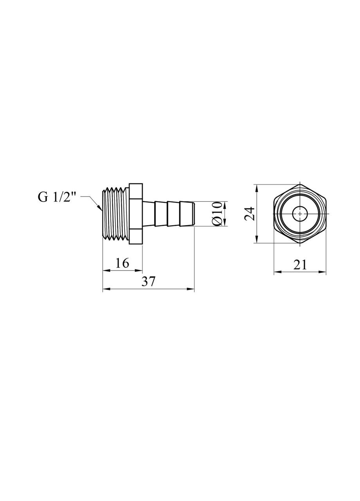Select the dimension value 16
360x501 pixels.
(122, 263)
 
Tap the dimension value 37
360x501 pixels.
(148, 282)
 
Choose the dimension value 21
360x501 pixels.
(300, 265)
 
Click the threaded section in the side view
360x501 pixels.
(115, 214)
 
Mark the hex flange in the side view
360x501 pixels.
(135, 214)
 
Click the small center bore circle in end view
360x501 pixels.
(300, 214)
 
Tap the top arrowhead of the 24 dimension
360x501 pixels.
(257, 187)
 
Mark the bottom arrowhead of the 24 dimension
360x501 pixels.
(257, 240)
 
